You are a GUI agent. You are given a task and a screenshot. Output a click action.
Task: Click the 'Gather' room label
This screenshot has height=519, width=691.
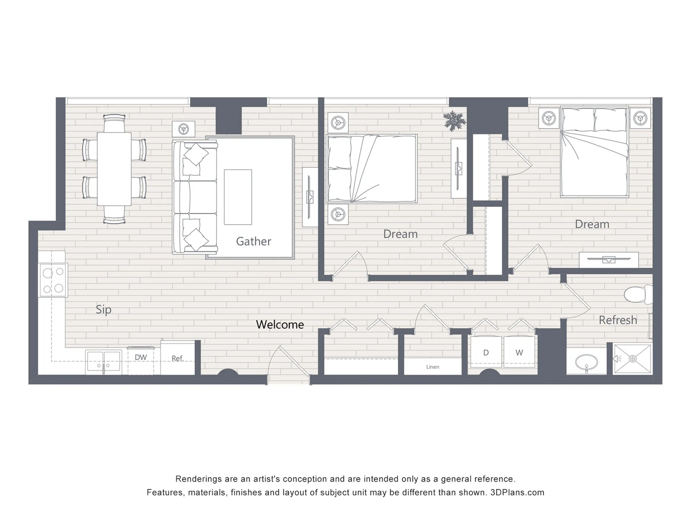(253, 241)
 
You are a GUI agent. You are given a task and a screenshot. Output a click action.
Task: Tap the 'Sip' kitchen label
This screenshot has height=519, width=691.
(104, 310)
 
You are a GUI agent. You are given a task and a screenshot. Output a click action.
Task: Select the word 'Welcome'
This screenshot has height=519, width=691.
(280, 325)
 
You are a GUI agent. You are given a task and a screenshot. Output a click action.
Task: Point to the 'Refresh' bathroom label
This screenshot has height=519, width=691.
(618, 320)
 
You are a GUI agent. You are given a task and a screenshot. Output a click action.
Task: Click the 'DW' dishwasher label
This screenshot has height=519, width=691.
(141, 357)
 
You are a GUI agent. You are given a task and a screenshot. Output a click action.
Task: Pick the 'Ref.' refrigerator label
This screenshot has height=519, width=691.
(177, 358)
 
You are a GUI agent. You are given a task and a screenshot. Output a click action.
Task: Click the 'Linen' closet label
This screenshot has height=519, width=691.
(433, 367)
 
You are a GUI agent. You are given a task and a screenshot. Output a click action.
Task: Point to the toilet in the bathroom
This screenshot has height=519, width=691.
(638, 294)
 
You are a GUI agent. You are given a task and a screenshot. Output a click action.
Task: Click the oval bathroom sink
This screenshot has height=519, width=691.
(587, 362)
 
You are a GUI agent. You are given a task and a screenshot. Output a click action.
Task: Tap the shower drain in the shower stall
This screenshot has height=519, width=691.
(633, 359)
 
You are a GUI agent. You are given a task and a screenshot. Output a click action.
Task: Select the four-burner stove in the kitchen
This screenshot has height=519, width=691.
(53, 280)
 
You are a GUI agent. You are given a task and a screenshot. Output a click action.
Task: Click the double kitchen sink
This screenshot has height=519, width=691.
(104, 362)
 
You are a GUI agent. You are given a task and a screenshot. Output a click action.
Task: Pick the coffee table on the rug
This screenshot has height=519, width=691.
(238, 197)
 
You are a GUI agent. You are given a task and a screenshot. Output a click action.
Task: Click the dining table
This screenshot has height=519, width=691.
(114, 169)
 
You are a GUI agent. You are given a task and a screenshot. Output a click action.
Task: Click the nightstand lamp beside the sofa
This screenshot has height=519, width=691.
(184, 129)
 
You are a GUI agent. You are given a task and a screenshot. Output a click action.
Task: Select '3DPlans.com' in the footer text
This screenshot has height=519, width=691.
(518, 492)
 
